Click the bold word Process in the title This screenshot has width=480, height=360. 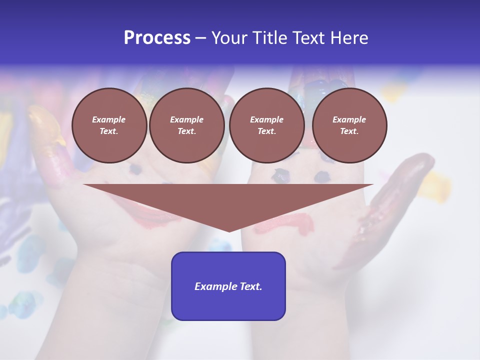pyautogui.click(x=157, y=38)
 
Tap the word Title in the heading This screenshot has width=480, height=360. pyautogui.click(x=268, y=38)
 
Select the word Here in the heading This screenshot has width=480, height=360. pyautogui.click(x=349, y=38)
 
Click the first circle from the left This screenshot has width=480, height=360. pyautogui.click(x=109, y=125)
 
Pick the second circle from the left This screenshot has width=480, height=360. pyautogui.click(x=186, y=125)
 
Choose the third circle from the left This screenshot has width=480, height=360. pyautogui.click(x=266, y=125)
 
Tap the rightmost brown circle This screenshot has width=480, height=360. pyautogui.click(x=349, y=125)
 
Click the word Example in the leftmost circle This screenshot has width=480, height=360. pyautogui.click(x=109, y=119)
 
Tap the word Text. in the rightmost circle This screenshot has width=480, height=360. pyautogui.click(x=349, y=131)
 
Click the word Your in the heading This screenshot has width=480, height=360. pyautogui.click(x=229, y=38)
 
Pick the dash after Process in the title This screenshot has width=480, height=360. pyautogui.click(x=200, y=38)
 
